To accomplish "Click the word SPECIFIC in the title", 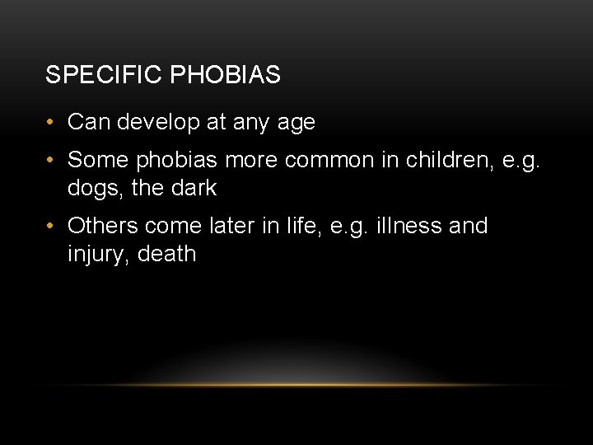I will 104,75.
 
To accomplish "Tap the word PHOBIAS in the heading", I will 225,75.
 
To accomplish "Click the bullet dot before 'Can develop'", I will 51,123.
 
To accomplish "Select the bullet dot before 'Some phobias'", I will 51,159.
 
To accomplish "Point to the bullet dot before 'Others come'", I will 51,226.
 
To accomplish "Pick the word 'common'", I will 325,159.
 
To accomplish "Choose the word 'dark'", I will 194,188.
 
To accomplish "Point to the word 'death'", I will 167,254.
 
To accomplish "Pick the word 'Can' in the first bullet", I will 89,123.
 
